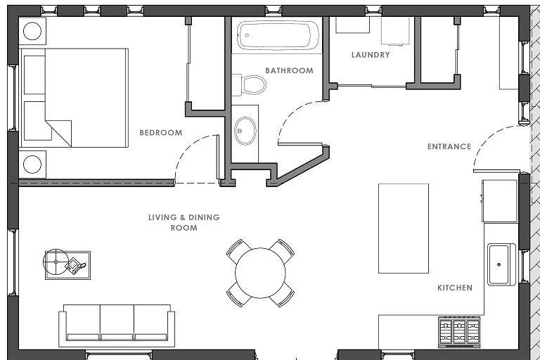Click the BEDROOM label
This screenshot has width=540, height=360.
161,133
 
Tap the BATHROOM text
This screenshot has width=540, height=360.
289,70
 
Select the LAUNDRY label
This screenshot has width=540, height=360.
371,55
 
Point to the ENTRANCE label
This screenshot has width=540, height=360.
449,146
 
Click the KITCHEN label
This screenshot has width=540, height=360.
455,288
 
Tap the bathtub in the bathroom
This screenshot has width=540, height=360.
278,35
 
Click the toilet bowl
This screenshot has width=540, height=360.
254,85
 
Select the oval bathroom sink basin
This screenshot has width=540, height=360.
245,131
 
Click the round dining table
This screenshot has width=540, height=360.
260,273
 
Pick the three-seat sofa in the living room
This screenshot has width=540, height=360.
117,326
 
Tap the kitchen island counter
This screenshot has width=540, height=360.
404,229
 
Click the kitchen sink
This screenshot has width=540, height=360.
501,264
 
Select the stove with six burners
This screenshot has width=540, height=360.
459,332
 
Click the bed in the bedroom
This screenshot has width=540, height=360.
75,98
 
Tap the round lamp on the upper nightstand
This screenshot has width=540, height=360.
32,31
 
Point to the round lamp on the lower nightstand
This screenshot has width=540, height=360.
32,165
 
